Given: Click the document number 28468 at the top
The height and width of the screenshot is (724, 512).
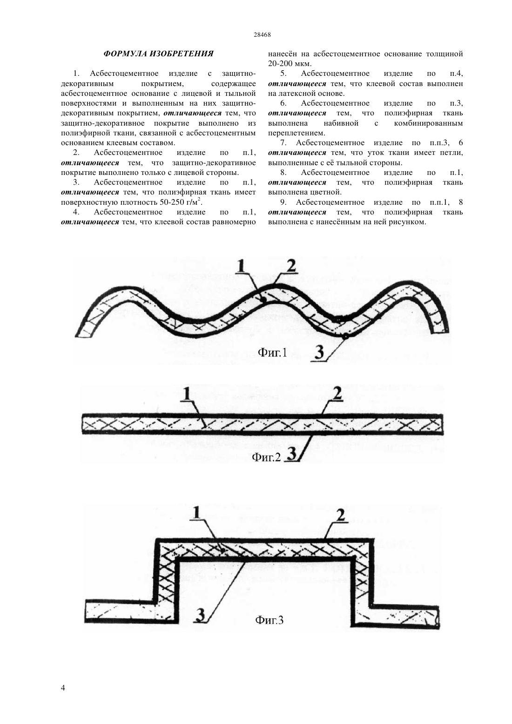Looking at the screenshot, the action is coord(262,35).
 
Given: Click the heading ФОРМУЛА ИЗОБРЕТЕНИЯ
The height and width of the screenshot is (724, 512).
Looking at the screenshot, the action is coord(158,54).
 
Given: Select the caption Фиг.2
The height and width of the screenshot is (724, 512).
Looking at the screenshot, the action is coord(266,457).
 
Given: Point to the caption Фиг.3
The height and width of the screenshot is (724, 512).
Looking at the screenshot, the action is coord(269,619).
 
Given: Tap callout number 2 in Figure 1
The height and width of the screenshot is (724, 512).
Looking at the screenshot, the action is coord(291,266).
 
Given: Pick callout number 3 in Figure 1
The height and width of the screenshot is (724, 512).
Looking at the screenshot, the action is coord(319,352).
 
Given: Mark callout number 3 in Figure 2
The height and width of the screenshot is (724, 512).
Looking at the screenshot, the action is coord(292,454).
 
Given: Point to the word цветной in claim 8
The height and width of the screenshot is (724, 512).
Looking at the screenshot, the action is coord(329,192).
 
